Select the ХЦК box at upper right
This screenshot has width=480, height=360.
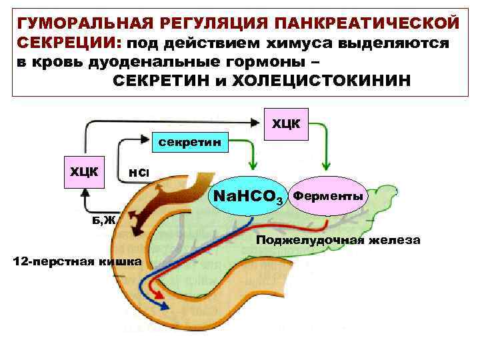[x=286, y=123]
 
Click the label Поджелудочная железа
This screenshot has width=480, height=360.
[x=339, y=241]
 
